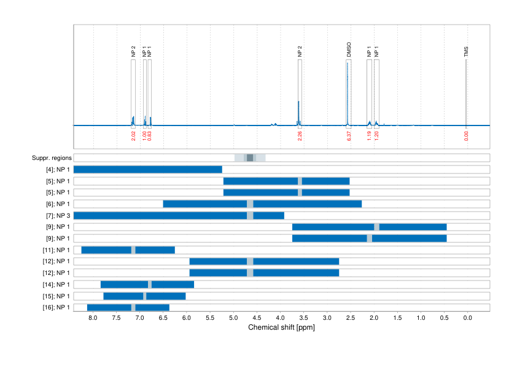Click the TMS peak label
point(466,53)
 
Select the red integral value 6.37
point(349,135)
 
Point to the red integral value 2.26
point(300,135)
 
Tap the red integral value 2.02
point(133,135)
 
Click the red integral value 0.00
point(466,135)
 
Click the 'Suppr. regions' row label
point(51,158)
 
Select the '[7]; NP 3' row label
point(56,215)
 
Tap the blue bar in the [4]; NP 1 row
point(147,169)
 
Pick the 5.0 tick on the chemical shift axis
point(233,318)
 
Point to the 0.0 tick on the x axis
point(467,318)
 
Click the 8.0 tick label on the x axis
point(93,318)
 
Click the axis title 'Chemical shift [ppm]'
point(281,327)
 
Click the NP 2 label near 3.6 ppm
point(300,52)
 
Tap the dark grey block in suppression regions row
point(250,158)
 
